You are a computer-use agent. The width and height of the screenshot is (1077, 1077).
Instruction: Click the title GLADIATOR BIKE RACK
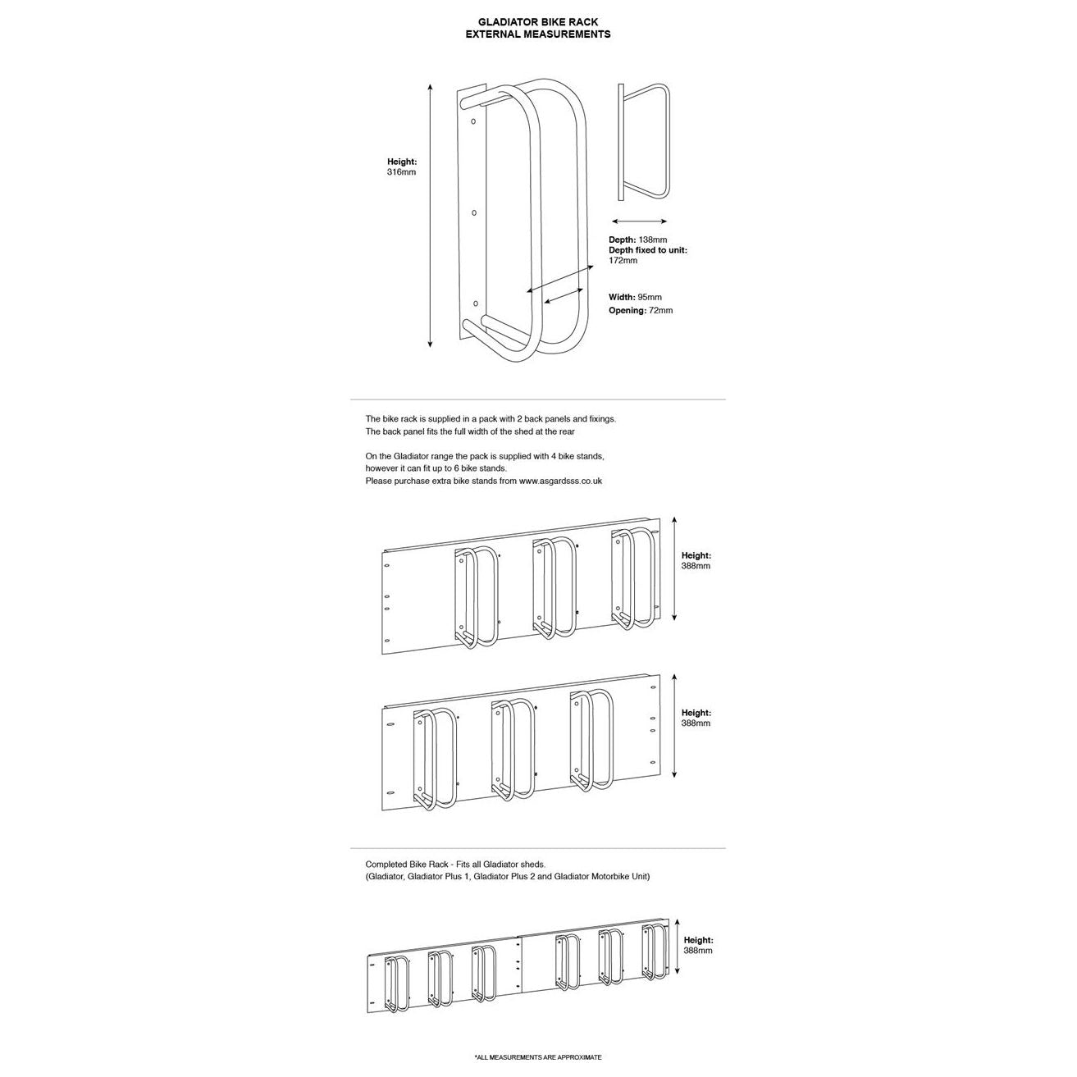pyautogui.click(x=538, y=22)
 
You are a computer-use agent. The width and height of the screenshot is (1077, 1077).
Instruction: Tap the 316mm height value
pyautogui.click(x=402, y=173)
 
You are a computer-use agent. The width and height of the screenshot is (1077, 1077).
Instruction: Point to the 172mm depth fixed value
pyautogui.click(x=623, y=261)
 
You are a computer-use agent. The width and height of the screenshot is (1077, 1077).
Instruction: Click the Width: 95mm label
pyautogui.click(x=635, y=298)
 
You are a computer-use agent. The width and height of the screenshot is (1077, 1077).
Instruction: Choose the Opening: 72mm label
pyautogui.click(x=640, y=311)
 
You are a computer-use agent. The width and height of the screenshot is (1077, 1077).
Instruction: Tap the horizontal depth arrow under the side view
pyautogui.click(x=640, y=221)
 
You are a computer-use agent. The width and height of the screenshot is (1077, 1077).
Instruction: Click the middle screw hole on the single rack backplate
pyautogui.click(x=474, y=213)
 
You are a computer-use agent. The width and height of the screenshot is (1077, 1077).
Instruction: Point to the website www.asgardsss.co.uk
pyautogui.click(x=560, y=481)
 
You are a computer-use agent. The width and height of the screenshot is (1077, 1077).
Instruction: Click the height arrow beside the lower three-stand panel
pyautogui.click(x=674, y=726)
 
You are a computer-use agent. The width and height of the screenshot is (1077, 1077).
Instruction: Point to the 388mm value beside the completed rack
pyautogui.click(x=698, y=952)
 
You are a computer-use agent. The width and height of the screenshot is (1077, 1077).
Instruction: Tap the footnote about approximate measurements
pyautogui.click(x=538, y=1057)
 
